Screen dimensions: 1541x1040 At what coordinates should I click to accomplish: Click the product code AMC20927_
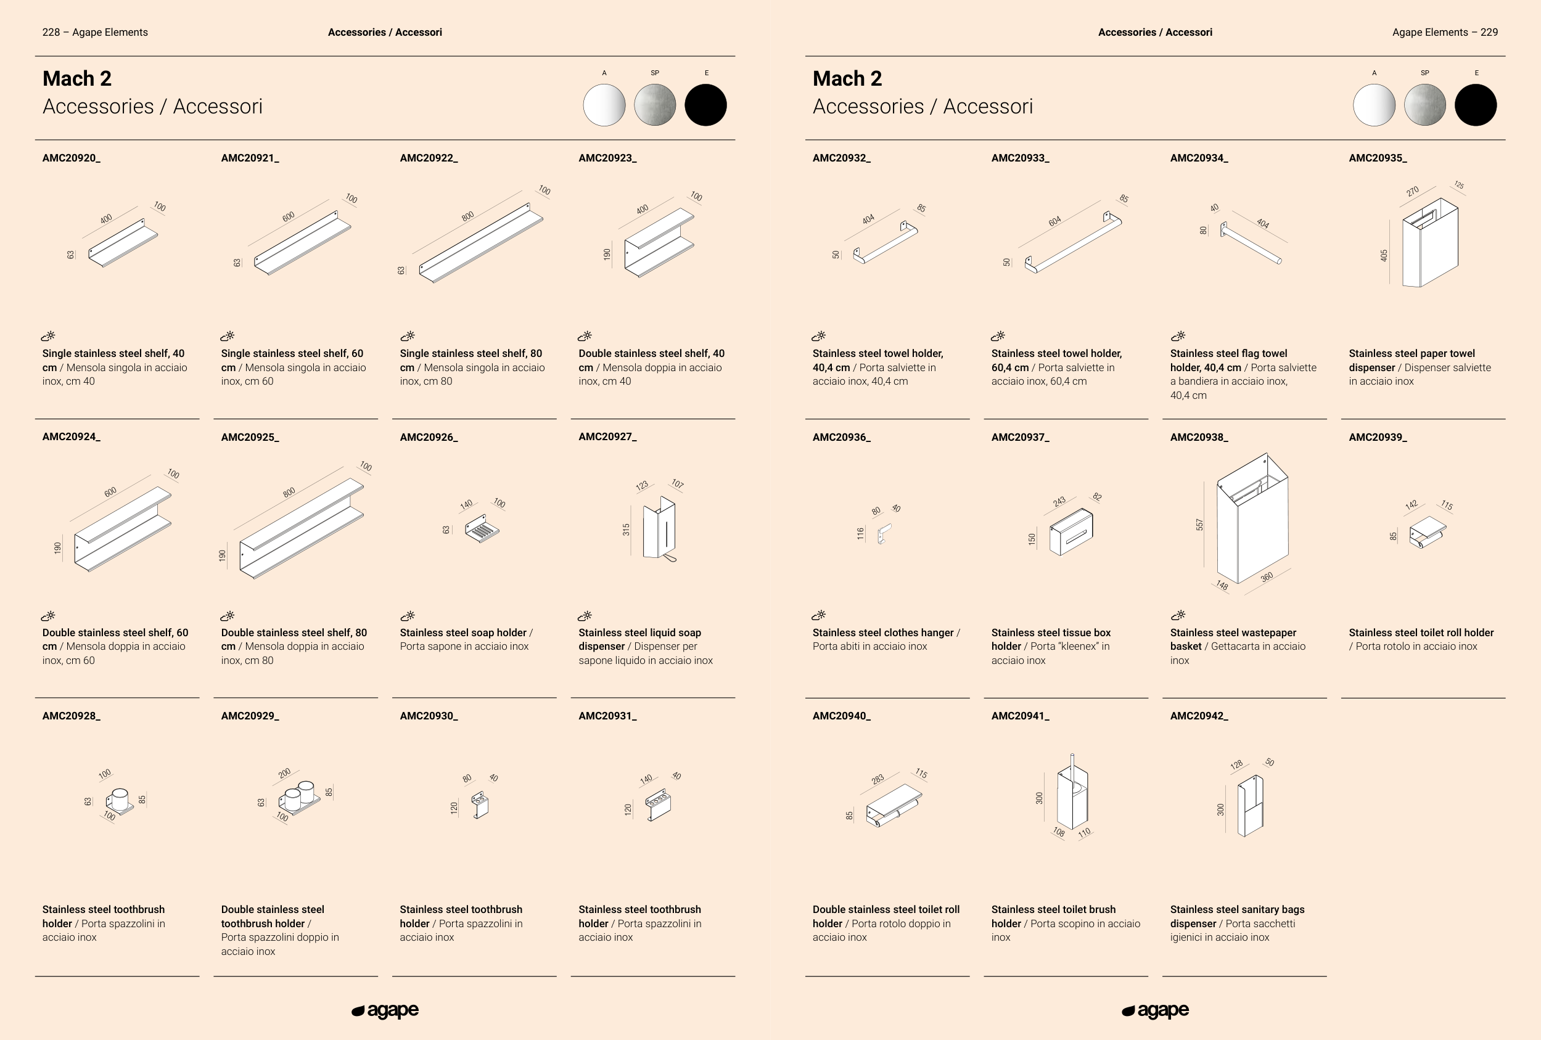(x=607, y=437)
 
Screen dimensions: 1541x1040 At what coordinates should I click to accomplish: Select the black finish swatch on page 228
(x=705, y=105)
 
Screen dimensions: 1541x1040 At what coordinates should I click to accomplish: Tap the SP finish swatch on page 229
(x=1424, y=105)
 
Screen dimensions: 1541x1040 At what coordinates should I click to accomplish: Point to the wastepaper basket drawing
(x=1252, y=518)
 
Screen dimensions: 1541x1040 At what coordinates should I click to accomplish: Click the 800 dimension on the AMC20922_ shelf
(x=467, y=216)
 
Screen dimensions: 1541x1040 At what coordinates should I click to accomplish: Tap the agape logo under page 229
(x=1155, y=1010)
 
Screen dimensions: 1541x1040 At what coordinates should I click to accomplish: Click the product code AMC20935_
(x=1377, y=158)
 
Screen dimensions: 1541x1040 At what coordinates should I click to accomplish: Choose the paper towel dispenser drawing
(x=1430, y=243)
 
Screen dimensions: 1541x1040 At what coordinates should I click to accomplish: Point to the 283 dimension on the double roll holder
(x=877, y=779)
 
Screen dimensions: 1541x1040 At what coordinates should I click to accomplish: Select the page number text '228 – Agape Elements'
(x=95, y=32)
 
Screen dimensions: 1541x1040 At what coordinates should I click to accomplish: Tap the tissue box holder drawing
(x=1071, y=531)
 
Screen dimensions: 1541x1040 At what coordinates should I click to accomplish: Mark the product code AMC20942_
(x=1199, y=716)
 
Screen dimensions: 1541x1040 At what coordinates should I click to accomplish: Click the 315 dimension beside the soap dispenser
(x=626, y=530)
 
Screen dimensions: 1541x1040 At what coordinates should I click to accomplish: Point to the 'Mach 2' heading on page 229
(x=847, y=78)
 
